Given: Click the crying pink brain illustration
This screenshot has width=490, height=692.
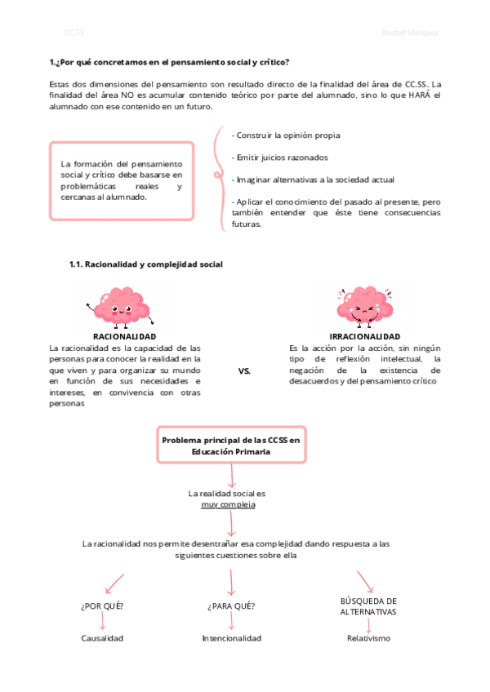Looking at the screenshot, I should [364, 305].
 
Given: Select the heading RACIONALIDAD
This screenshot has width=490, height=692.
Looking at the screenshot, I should [124, 336].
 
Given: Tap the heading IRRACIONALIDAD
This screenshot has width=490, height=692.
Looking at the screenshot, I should [364, 336].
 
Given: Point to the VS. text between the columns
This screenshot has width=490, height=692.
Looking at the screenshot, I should [244, 371].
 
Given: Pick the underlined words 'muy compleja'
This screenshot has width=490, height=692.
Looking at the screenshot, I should [228, 504].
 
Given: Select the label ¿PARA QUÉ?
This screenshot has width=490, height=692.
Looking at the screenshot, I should [231, 605].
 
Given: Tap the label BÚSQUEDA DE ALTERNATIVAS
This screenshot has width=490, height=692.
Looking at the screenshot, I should [368, 605].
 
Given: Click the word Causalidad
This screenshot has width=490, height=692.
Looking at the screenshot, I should [103, 638].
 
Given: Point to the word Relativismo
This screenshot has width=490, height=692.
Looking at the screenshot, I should [368, 638].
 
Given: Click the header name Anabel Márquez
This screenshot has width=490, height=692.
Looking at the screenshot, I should [409, 33].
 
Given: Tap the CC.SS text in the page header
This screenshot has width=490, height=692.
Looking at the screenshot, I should [73, 33].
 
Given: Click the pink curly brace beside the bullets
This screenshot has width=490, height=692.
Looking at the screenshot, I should [217, 175].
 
